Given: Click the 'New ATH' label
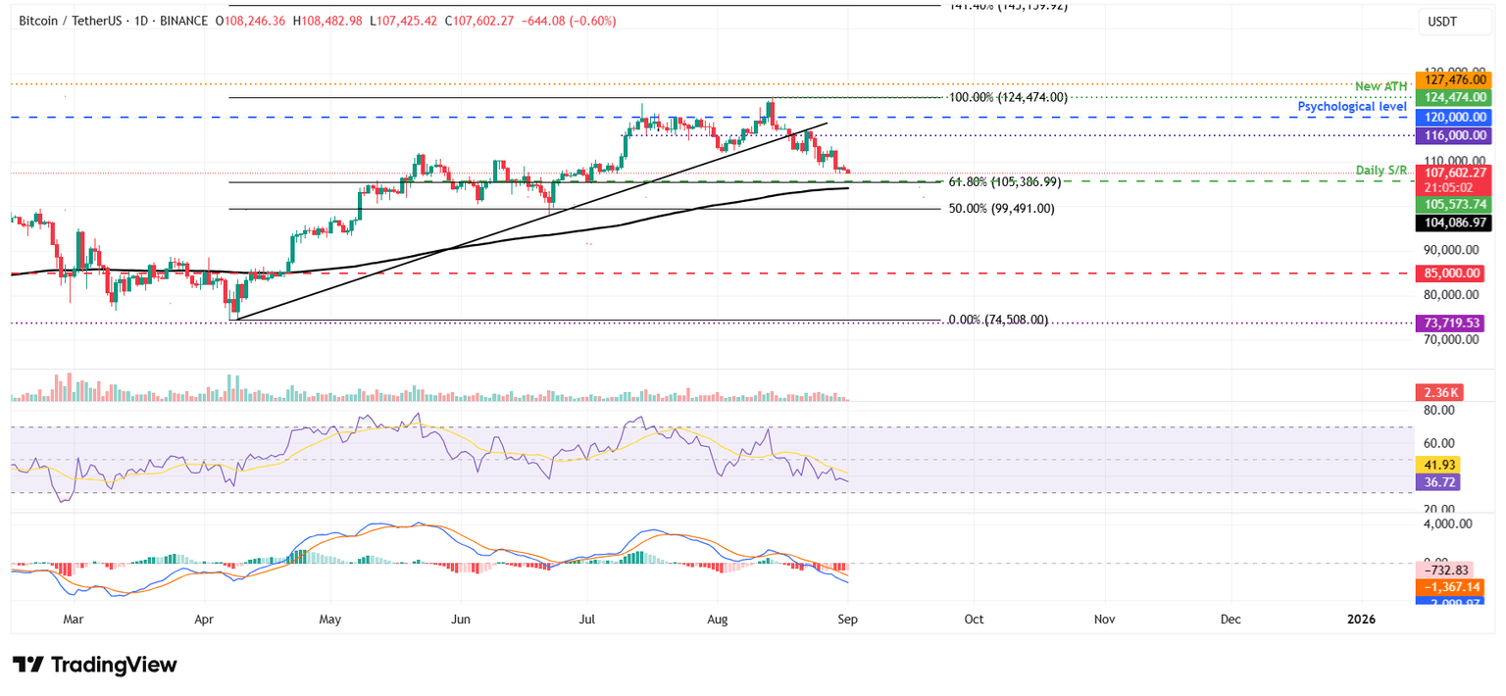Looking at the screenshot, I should coord(1380,87).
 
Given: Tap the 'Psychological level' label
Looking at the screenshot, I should coord(1352,106).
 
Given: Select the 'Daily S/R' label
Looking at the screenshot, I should coord(1382,171).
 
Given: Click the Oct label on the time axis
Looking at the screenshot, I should coord(975,620).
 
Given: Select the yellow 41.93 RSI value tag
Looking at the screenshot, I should coord(1438,465).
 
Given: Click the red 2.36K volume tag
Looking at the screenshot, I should coord(1438,392).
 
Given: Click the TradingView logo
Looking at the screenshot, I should coord(95,665).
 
